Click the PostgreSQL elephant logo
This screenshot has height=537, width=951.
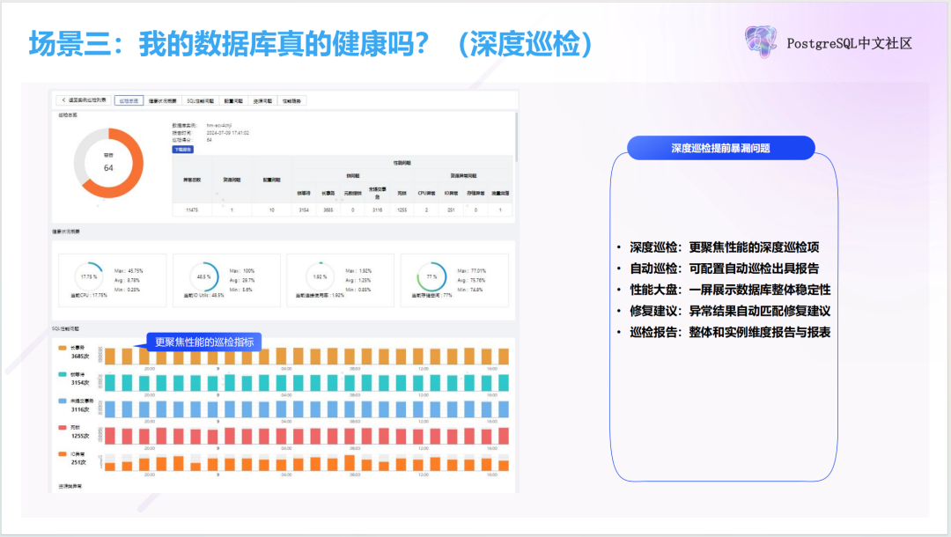tap(760, 41)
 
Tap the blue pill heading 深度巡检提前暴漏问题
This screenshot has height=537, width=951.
tap(720, 148)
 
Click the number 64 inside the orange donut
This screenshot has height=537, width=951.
tap(108, 167)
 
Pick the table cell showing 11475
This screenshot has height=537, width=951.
tap(192, 210)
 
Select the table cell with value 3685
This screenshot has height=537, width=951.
tap(328, 210)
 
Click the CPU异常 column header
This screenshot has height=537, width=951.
tap(426, 193)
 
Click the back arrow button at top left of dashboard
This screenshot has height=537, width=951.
tap(63, 100)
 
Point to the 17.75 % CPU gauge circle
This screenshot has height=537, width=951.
tap(88, 276)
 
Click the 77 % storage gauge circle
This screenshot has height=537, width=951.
tap(431, 276)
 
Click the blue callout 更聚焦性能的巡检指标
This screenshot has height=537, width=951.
tap(202, 342)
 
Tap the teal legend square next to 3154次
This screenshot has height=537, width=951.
tap(62, 374)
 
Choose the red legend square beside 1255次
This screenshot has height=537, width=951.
tap(62, 427)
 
